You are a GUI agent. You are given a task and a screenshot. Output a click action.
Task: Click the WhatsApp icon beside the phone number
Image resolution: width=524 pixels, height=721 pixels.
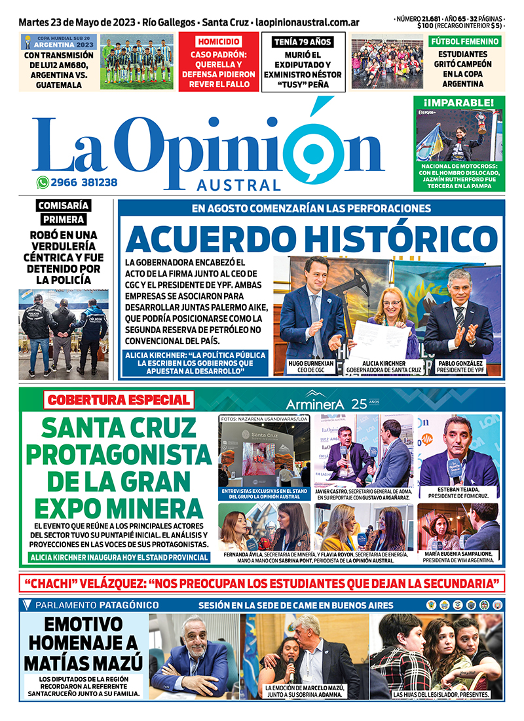pyautogui.click(x=43, y=183)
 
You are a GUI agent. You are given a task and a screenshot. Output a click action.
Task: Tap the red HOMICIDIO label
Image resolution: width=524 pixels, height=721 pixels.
pyautogui.click(x=218, y=41)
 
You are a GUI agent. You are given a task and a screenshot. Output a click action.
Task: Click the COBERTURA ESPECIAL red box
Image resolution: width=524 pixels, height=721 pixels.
pyautogui.click(x=119, y=399)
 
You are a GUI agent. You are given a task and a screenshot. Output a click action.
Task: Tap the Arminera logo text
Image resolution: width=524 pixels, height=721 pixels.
pyautogui.click(x=315, y=404)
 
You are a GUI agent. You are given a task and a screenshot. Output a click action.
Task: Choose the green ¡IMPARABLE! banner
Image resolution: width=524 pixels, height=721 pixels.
pyautogui.click(x=459, y=102)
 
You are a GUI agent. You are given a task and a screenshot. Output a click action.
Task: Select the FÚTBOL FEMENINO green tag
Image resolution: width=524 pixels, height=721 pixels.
pyautogui.click(x=464, y=41)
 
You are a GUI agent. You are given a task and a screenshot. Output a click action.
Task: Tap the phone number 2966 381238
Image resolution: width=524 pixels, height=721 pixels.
pyautogui.click(x=85, y=183)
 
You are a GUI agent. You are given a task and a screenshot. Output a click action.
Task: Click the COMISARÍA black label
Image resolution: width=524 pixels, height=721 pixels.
pyautogui.click(x=64, y=205)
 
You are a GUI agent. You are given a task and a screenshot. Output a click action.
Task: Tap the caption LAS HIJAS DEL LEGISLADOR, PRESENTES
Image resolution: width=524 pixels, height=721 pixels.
pyautogui.click(x=440, y=693)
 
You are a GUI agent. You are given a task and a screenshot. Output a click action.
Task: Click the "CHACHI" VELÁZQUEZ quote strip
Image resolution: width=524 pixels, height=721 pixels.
pyautogui.click(x=261, y=583)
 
